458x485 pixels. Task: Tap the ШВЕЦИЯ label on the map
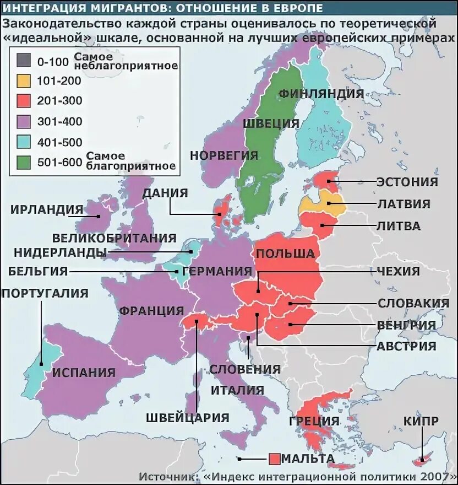[x=270, y=123]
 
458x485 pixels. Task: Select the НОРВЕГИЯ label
[x=224, y=155]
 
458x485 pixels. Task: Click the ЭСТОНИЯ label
[x=407, y=182]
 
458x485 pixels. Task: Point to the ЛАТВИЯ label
[x=404, y=204]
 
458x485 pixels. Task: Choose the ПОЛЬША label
[x=285, y=254]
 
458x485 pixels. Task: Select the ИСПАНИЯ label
[x=84, y=372]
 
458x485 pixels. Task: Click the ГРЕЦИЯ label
[x=313, y=422]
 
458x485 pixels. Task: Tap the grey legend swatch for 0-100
[x=23, y=60]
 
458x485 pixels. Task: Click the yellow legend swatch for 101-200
[x=23, y=80]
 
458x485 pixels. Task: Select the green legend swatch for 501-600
[x=23, y=162]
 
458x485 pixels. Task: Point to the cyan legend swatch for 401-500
[x=23, y=142]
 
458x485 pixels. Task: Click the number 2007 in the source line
[x=438, y=476]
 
